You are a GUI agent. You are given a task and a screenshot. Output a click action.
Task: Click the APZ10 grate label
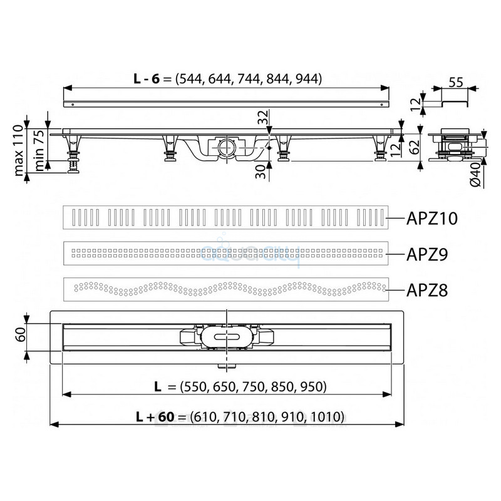(431, 219)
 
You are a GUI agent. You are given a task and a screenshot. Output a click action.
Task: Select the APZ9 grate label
(427, 254)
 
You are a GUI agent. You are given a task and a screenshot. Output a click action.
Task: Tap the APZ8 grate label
(427, 290)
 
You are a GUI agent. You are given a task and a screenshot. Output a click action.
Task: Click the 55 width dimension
(456, 83)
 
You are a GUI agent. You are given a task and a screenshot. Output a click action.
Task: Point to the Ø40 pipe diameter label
(476, 175)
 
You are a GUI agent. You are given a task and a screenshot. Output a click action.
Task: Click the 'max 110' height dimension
(19, 150)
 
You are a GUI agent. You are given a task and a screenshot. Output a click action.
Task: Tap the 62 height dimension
(415, 147)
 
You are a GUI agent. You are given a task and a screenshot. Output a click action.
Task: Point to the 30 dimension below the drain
(261, 171)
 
